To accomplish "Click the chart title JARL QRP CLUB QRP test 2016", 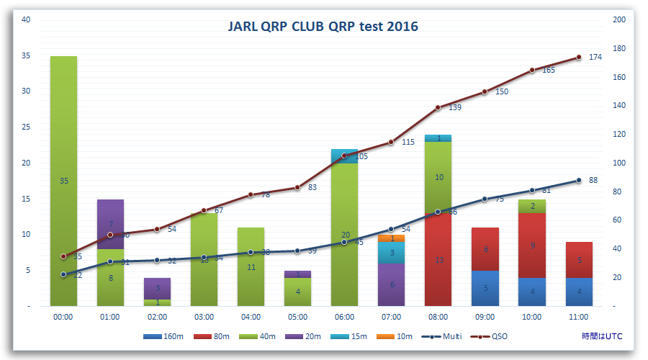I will (x=323, y=27).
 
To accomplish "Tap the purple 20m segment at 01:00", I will (x=110, y=223).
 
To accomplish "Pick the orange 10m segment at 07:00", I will (x=391, y=238).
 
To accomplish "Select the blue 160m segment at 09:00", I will (x=485, y=288).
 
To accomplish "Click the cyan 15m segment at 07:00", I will (x=391, y=253).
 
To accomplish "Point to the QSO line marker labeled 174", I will (x=578, y=58).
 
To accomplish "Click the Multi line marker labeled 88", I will (x=578, y=181).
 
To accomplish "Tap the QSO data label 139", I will (x=455, y=107).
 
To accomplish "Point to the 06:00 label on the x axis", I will (x=344, y=316).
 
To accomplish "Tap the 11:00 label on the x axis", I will (x=578, y=316).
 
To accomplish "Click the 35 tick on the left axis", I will (x=27, y=55).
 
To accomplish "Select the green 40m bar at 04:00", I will (x=251, y=266).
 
